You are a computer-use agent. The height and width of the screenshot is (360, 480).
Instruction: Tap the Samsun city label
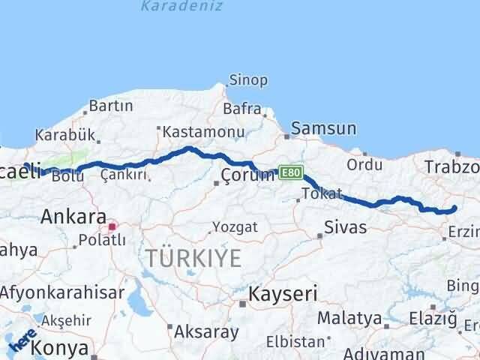(x=323, y=128)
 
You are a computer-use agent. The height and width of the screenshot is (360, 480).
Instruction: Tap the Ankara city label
(x=73, y=217)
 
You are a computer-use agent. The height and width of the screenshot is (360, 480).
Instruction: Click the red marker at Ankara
(x=112, y=226)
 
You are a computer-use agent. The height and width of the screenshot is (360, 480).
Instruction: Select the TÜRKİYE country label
(x=193, y=259)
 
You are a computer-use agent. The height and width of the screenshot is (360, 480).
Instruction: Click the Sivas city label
(x=346, y=226)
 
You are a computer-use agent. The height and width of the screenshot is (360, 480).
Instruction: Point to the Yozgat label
(x=235, y=226)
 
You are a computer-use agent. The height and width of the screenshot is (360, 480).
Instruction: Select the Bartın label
(x=110, y=106)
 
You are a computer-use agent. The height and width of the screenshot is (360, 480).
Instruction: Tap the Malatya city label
(x=349, y=317)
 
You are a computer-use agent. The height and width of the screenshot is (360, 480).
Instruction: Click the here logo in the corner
(x=22, y=341)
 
